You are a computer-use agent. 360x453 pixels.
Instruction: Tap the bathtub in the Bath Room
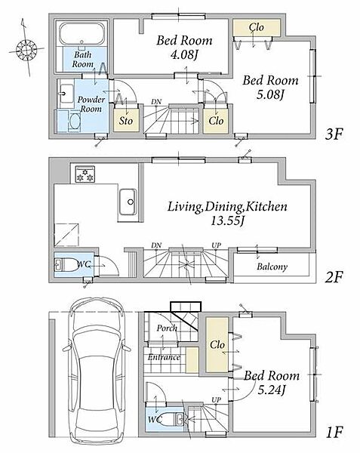(x=82, y=33)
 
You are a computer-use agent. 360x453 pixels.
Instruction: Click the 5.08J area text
(x=270, y=94)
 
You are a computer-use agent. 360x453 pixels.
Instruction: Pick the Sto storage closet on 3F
(x=126, y=119)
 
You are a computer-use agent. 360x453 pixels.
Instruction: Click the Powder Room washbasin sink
(x=67, y=94)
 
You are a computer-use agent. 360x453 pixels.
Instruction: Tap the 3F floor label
(x=334, y=134)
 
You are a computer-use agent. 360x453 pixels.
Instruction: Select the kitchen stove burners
(x=85, y=174)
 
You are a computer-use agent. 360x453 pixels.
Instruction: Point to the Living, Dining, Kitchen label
(x=227, y=207)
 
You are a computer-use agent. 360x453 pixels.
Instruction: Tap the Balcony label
(x=272, y=267)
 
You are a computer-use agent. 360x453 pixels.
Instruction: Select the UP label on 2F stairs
(x=217, y=245)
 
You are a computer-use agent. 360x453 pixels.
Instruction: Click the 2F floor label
(x=334, y=278)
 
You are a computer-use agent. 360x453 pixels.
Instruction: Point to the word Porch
(x=167, y=328)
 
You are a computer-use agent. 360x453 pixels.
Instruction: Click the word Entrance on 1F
(x=164, y=357)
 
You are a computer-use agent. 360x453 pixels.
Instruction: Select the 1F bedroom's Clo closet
(x=217, y=345)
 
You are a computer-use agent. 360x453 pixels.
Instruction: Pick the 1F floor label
(x=334, y=433)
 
